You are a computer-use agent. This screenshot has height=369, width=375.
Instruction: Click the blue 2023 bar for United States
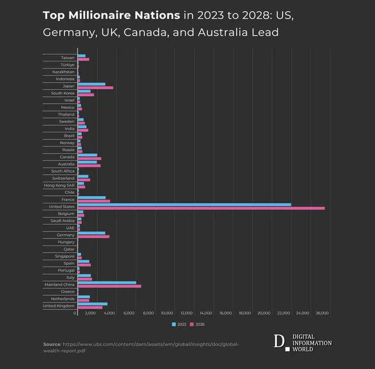184,205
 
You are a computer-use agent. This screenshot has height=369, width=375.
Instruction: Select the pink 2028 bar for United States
201,208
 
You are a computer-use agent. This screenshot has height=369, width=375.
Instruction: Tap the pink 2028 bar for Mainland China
109,286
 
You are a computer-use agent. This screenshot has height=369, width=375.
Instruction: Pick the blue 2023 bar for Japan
91,84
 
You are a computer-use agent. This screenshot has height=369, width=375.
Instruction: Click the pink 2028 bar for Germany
93,237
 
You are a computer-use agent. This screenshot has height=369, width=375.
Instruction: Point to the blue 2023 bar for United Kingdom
92,304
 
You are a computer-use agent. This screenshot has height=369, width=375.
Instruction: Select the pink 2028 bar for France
94,201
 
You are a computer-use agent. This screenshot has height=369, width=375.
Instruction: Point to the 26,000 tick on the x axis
322,313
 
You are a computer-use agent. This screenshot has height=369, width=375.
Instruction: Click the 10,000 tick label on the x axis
167,313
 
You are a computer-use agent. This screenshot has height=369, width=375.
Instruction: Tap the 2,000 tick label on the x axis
90,313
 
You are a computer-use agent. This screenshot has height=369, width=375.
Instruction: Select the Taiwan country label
67,58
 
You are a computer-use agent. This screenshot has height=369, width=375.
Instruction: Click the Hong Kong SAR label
59,185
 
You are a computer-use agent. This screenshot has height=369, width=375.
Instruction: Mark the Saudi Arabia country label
62,221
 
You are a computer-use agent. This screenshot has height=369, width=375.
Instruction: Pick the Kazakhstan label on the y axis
63,72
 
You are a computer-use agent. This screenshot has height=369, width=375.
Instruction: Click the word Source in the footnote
52,344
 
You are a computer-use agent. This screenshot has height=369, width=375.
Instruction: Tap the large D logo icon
279,342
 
